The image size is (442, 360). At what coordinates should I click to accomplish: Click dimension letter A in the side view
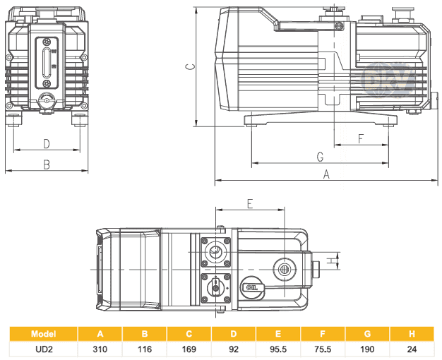tap(326, 174)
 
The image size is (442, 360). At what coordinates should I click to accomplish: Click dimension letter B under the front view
tap(47, 164)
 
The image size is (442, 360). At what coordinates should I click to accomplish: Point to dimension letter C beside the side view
tap(189, 67)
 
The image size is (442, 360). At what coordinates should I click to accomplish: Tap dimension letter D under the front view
tap(47, 144)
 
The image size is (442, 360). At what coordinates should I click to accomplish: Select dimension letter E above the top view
tap(250, 203)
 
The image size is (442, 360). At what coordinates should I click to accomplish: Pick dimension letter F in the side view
tap(361, 138)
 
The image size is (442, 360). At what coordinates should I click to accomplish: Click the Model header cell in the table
tap(44, 334)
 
